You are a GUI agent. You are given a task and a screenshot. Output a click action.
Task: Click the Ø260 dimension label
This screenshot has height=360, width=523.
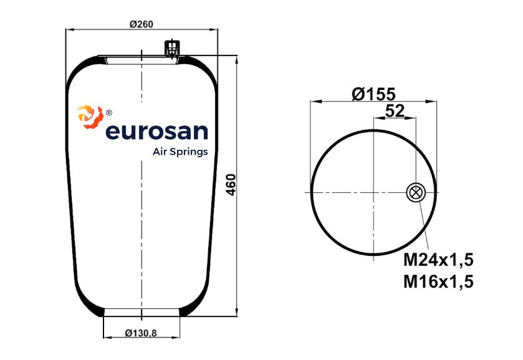142,24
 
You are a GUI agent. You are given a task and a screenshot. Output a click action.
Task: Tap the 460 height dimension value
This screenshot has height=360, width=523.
231,185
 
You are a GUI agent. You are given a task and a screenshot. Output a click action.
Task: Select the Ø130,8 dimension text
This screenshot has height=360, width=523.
141,333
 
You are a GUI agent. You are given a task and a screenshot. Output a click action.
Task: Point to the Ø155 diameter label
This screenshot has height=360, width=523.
373,94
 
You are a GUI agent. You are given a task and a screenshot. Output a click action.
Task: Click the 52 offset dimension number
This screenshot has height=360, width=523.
395,111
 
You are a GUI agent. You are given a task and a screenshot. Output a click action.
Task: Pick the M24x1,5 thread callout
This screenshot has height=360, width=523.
438,260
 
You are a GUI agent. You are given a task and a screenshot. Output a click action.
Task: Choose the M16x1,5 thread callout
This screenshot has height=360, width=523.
438,281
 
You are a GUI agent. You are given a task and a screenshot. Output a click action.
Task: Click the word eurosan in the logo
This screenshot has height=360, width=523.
156,132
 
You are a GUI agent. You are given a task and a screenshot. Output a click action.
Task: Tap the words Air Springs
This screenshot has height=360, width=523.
180,152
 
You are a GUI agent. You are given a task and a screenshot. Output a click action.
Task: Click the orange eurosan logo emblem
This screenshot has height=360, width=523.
90,117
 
